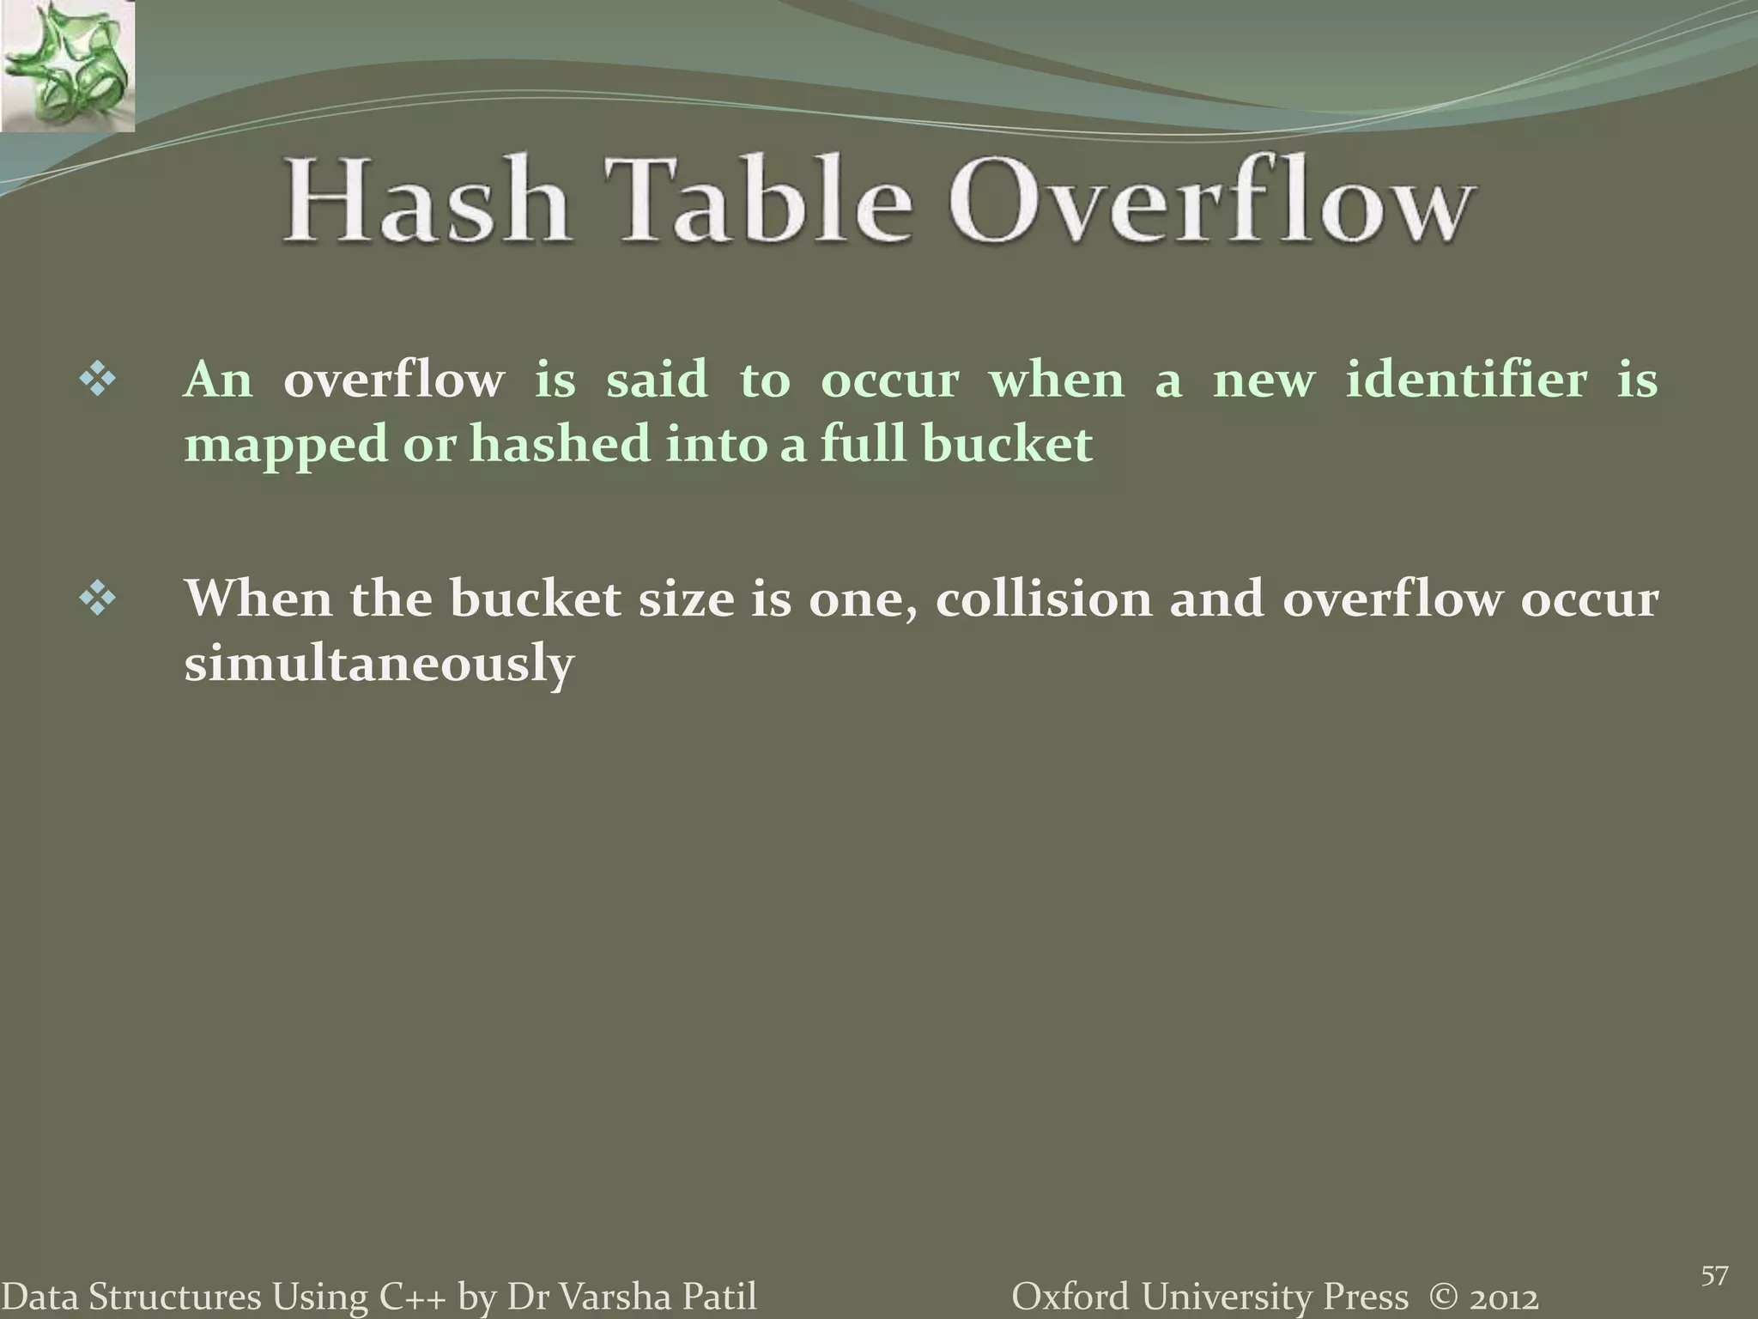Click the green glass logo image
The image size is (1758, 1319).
coord(67,65)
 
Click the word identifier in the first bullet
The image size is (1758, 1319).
coord(1466,380)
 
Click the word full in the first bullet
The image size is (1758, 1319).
coord(863,445)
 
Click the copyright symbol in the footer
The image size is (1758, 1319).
coord(1441,1296)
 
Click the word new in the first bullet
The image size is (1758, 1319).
coord(1264,380)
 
